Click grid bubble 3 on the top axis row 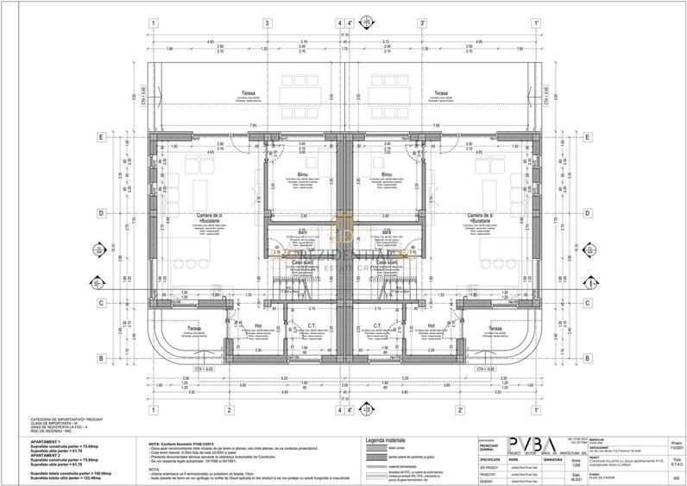point(268,23)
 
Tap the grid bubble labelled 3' point(422,23)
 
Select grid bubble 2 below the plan point(228,409)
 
